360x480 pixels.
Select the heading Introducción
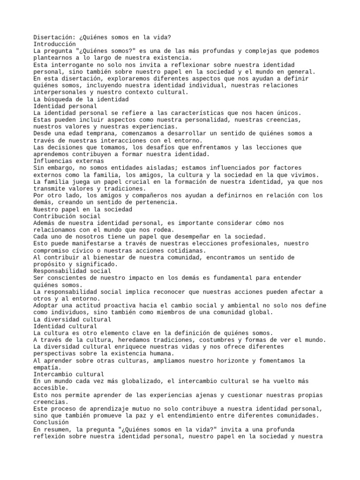point(55,44)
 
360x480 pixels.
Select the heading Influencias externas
point(69,161)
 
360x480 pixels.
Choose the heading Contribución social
point(67,216)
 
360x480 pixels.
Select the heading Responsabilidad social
point(73,271)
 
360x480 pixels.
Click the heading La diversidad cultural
point(73,319)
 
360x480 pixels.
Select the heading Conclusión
point(51,422)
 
